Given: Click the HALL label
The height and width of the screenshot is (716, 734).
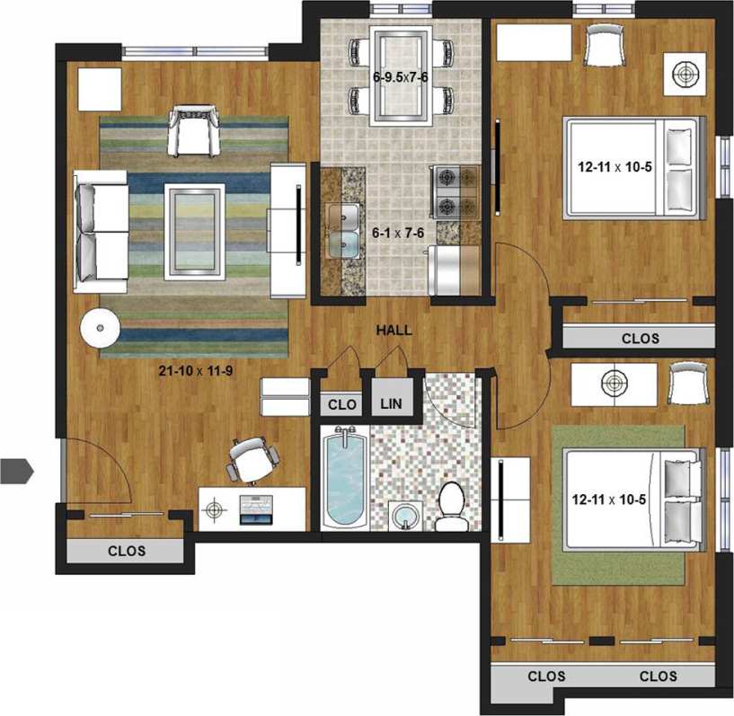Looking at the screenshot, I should [x=394, y=331].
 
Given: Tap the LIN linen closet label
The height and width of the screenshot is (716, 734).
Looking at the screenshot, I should [x=391, y=404].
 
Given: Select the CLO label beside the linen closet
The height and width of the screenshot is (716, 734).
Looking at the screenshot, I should [x=341, y=404].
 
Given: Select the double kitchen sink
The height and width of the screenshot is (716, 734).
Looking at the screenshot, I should [x=341, y=230].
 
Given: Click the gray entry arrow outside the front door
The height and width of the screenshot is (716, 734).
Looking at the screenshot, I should [x=16, y=470].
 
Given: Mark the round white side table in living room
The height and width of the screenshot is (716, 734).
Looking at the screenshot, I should [x=99, y=328].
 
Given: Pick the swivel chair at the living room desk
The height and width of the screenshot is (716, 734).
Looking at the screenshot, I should [x=251, y=459].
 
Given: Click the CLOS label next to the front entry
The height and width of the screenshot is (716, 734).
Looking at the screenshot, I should [x=127, y=551].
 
